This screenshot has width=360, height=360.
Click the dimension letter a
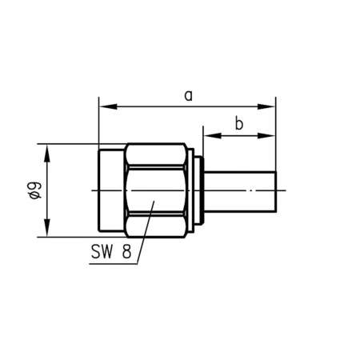tap(189, 95)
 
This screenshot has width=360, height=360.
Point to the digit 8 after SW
tap(126, 250)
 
